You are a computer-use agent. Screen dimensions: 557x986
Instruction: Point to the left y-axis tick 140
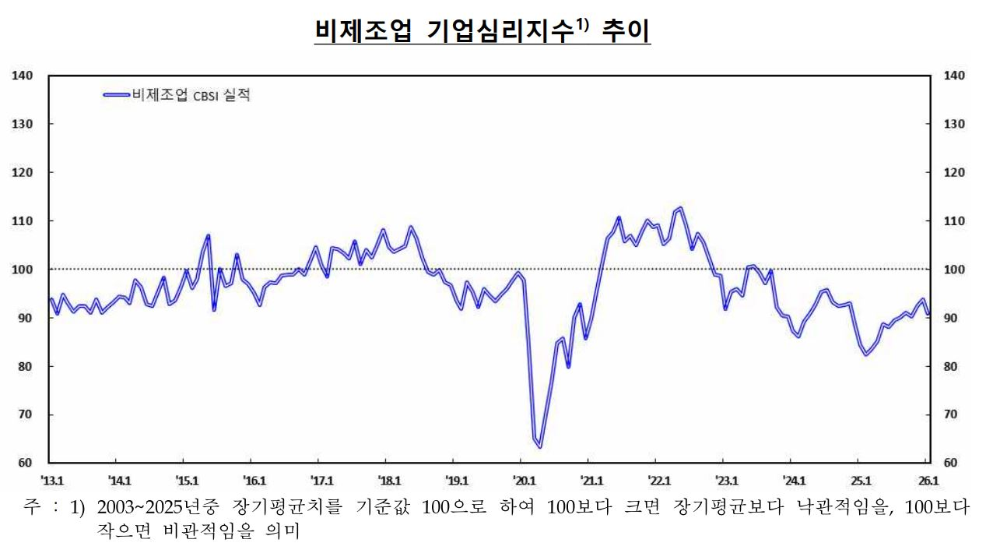(22, 76)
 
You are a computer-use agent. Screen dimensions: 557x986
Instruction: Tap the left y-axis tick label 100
(22, 270)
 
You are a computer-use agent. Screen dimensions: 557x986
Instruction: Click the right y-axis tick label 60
(953, 463)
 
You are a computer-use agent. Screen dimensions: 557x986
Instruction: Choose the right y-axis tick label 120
(954, 172)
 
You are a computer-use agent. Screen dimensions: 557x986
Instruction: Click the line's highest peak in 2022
(680, 208)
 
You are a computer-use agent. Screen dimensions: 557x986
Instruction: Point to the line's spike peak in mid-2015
(208, 235)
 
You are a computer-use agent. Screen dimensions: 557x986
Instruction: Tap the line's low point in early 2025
(866, 354)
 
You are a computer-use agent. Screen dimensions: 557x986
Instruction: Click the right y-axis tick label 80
(953, 366)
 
